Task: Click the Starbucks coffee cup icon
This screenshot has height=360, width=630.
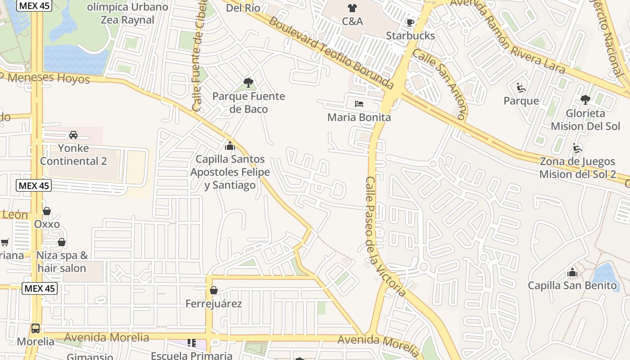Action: (x=410, y=22)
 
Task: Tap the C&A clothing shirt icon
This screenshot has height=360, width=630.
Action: (x=352, y=8)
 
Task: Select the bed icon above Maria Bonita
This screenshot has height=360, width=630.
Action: (x=359, y=104)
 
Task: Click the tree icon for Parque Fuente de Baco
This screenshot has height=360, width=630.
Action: (x=248, y=82)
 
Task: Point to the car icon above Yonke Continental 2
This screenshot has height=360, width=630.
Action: (x=73, y=135)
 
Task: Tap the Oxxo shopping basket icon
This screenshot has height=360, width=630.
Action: (x=47, y=211)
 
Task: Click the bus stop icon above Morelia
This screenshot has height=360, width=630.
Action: (x=36, y=328)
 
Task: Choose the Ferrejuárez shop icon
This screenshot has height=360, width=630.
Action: (x=214, y=290)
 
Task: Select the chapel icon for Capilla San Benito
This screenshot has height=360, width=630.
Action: (x=572, y=272)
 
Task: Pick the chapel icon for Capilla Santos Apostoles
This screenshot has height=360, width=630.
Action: (x=230, y=146)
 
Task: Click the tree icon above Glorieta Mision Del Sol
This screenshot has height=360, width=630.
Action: (x=585, y=99)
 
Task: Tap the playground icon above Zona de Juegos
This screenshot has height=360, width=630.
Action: (x=577, y=148)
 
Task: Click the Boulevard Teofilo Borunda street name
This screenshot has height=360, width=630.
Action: (x=331, y=52)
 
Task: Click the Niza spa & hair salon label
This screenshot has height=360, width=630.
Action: (x=62, y=262)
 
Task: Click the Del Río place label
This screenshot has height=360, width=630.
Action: (x=243, y=8)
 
